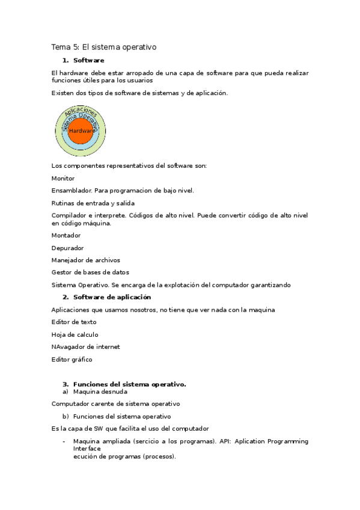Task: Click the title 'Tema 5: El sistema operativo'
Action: pyautogui.click(x=103, y=46)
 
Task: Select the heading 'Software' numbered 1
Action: pyautogui.click(x=88, y=60)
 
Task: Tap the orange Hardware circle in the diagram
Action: pyautogui.click(x=81, y=131)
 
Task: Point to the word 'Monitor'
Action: pyautogui.click(x=63, y=178)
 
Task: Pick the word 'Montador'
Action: pyautogui.click(x=66, y=235)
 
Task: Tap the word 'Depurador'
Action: pyautogui.click(x=67, y=248)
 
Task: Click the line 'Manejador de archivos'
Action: pyautogui.click(x=86, y=260)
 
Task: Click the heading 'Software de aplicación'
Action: pyautogui.click(x=112, y=297)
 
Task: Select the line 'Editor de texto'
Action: pyautogui.click(x=74, y=322)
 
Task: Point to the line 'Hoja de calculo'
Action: pyautogui.click(x=75, y=334)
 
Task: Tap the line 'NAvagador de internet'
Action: pyautogui.click(x=86, y=346)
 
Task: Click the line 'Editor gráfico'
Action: pyautogui.click(x=72, y=359)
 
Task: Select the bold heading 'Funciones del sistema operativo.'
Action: pyautogui.click(x=129, y=384)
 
